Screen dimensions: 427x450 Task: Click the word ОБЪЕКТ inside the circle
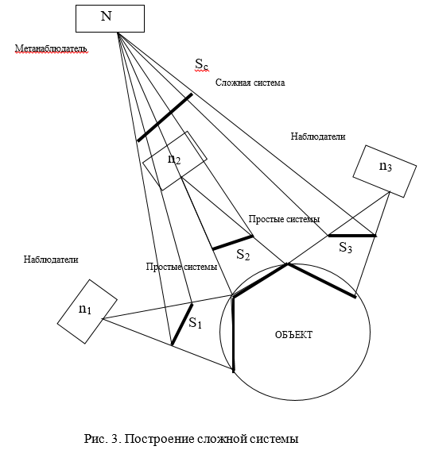pyautogui.click(x=293, y=335)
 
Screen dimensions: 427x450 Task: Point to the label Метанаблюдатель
pyautogui.click(x=51, y=48)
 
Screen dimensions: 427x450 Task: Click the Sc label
pyautogui.click(x=201, y=64)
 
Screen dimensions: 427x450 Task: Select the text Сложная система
pyautogui.click(x=250, y=83)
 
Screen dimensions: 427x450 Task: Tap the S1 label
pyautogui.click(x=196, y=323)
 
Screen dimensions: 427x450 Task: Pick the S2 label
pyautogui.click(x=243, y=255)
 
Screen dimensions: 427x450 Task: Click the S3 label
pyautogui.click(x=345, y=248)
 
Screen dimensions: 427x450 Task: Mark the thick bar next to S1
pyautogui.click(x=182, y=325)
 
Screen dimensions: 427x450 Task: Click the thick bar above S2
pyautogui.click(x=233, y=243)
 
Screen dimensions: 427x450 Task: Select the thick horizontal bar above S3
pyautogui.click(x=352, y=236)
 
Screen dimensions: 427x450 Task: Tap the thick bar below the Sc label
pyautogui.click(x=165, y=117)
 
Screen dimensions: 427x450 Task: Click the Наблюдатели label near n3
pyautogui.click(x=318, y=137)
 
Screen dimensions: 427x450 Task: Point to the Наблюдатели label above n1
pyautogui.click(x=51, y=260)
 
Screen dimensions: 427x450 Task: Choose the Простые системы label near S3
pyautogui.click(x=284, y=219)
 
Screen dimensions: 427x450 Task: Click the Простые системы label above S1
pyautogui.click(x=181, y=267)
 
